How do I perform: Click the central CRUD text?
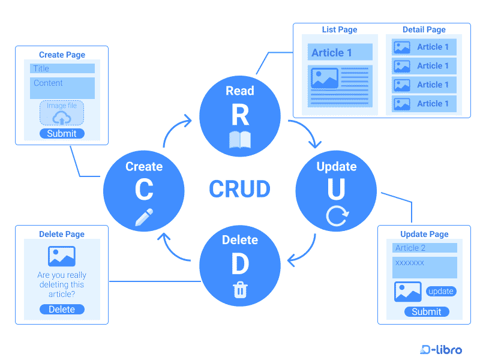click(x=239, y=189)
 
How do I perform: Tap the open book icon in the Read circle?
click(x=240, y=140)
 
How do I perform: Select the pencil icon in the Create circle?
click(x=144, y=217)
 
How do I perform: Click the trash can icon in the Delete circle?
click(x=240, y=290)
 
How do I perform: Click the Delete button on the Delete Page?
click(x=62, y=310)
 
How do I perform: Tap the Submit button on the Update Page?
click(x=426, y=311)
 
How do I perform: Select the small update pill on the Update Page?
click(x=441, y=292)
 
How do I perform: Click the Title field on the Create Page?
click(x=62, y=68)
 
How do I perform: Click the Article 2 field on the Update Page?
click(x=425, y=248)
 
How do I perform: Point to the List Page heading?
click(x=340, y=29)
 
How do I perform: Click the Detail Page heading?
click(x=424, y=29)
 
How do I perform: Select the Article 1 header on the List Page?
click(x=340, y=53)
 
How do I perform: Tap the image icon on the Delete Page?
click(x=62, y=257)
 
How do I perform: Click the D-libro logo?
click(x=442, y=349)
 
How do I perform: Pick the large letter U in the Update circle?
click(x=336, y=189)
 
